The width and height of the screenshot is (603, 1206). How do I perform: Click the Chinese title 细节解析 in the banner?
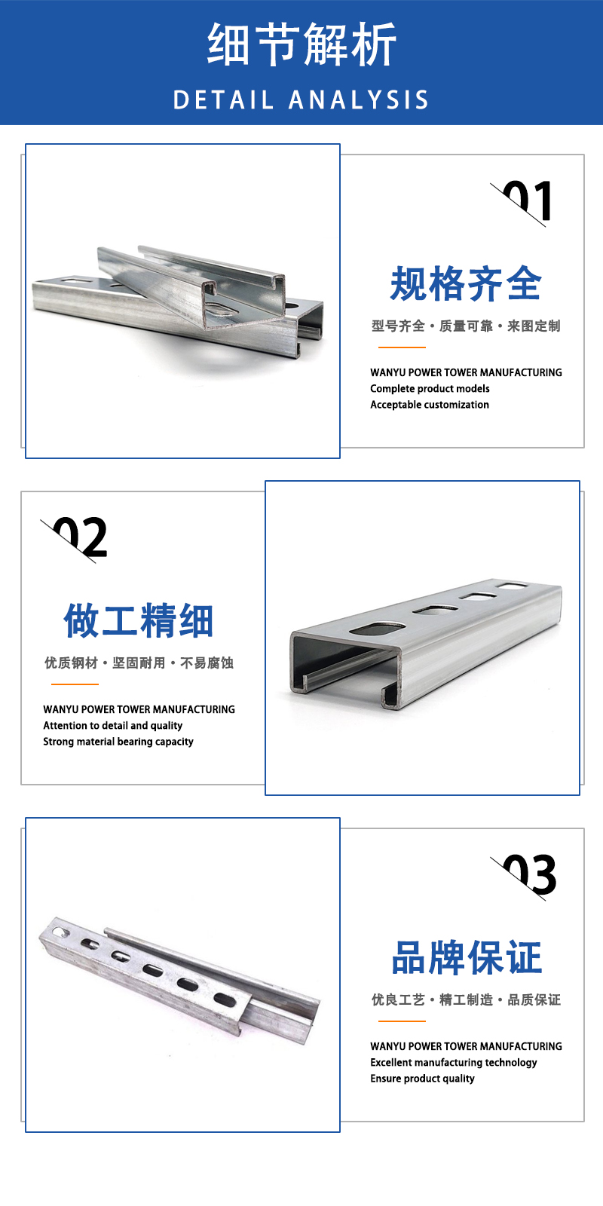(x=301, y=44)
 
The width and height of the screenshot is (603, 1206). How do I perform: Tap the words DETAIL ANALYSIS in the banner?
(x=301, y=100)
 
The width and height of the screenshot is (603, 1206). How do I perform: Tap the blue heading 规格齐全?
(x=466, y=283)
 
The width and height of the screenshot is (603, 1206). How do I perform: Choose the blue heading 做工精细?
(x=139, y=620)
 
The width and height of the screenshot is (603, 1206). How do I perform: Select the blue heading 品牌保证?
(x=467, y=958)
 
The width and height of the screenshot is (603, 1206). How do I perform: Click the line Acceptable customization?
(x=430, y=405)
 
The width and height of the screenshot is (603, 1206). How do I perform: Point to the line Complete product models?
(x=430, y=389)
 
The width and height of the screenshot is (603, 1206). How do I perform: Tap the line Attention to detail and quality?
(x=112, y=726)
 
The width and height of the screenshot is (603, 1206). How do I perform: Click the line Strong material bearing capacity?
(x=118, y=742)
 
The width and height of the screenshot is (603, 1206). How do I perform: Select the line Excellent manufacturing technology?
(x=453, y=1063)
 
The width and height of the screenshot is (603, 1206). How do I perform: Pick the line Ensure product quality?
(x=422, y=1079)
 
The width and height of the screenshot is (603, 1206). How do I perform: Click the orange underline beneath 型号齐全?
(x=402, y=347)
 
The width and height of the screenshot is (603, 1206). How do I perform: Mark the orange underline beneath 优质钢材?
(x=75, y=684)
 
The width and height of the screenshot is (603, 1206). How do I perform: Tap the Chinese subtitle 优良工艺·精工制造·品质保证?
(x=467, y=999)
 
